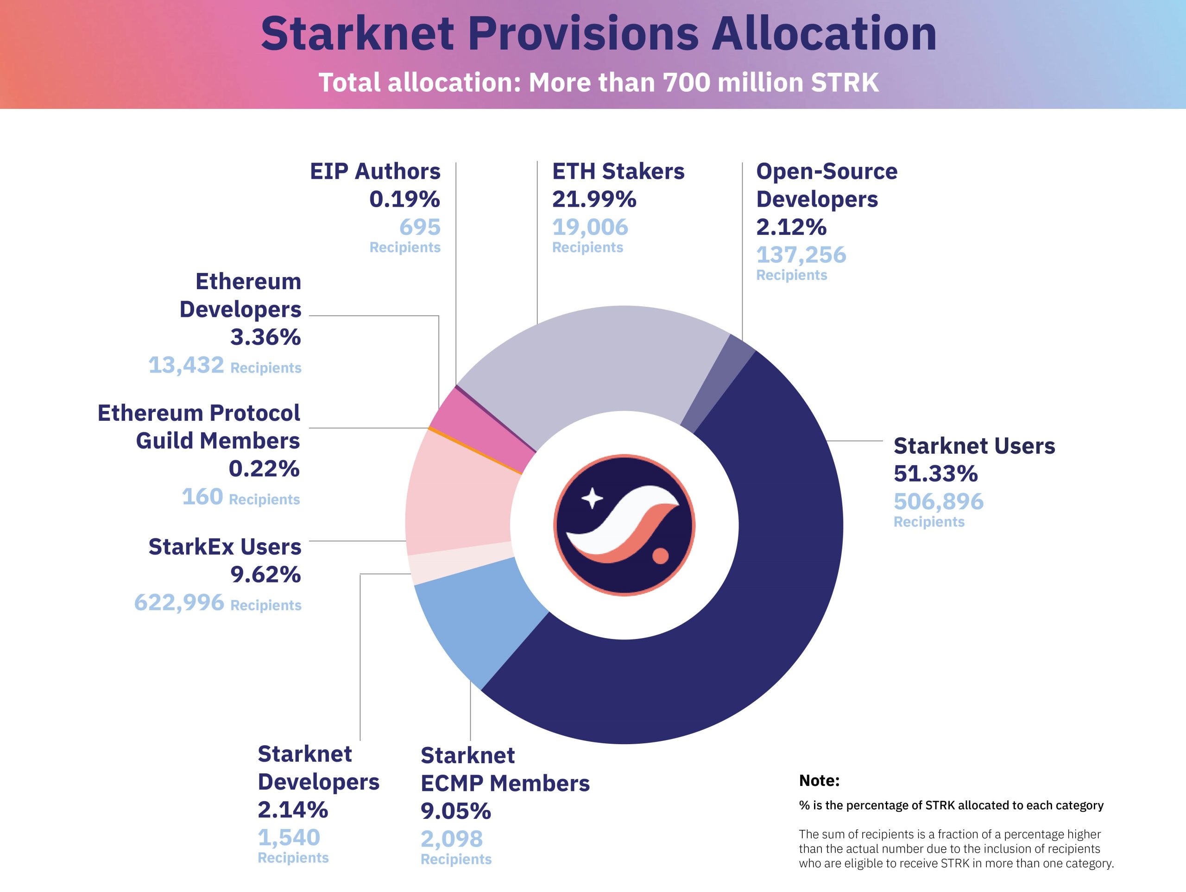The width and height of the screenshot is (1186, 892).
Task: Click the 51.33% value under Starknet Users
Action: pyautogui.click(x=936, y=474)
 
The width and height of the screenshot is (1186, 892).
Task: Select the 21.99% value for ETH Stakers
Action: pyautogui.click(x=594, y=199)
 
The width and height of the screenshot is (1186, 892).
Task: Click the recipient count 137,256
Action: pyautogui.click(x=801, y=255)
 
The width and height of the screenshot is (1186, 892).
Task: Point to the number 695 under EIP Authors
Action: pyautogui.click(x=420, y=227)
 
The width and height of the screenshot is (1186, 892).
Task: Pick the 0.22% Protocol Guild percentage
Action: pyautogui.click(x=265, y=469)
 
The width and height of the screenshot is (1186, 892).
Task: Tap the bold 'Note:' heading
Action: pyautogui.click(x=819, y=780)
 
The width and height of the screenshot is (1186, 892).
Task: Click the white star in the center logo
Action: pyautogui.click(x=592, y=498)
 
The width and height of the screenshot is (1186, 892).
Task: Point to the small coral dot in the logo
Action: pyautogui.click(x=661, y=556)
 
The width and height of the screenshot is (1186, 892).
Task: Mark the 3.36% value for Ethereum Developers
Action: pyautogui.click(x=266, y=337)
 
